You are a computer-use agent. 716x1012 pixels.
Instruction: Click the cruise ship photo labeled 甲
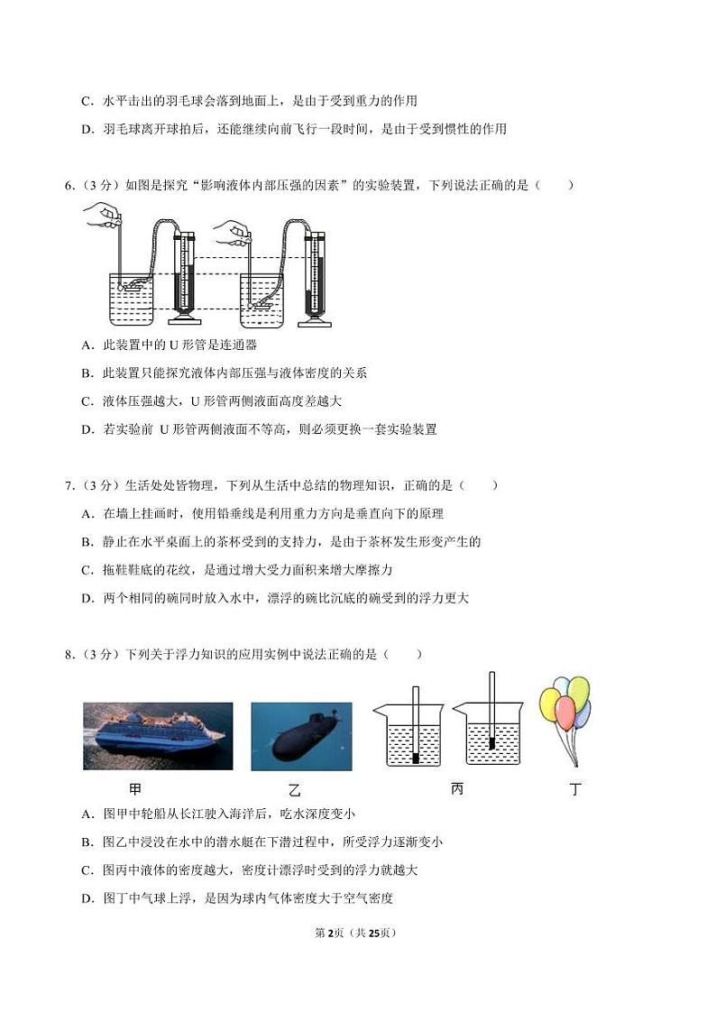[x=158, y=736]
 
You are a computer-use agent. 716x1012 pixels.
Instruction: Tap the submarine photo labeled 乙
[x=301, y=736]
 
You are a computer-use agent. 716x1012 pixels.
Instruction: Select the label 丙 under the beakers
[x=457, y=789]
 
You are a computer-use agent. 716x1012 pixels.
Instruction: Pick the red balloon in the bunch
[x=565, y=713]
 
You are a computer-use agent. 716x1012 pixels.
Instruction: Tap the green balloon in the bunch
[x=578, y=691]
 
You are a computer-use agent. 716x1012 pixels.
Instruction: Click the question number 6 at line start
[x=69, y=186]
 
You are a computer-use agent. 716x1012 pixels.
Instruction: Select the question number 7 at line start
[x=69, y=485]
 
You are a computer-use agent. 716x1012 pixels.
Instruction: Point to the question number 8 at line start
[x=69, y=654]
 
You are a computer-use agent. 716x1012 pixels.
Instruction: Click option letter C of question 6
[x=87, y=401]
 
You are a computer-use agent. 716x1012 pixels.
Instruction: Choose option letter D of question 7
[x=87, y=598]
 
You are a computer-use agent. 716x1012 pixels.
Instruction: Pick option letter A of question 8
[x=87, y=814]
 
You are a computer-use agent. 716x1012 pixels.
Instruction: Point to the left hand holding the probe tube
[x=102, y=213]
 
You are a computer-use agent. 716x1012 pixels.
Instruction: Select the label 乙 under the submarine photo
[x=294, y=791]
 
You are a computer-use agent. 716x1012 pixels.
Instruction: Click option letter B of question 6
[x=87, y=373]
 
